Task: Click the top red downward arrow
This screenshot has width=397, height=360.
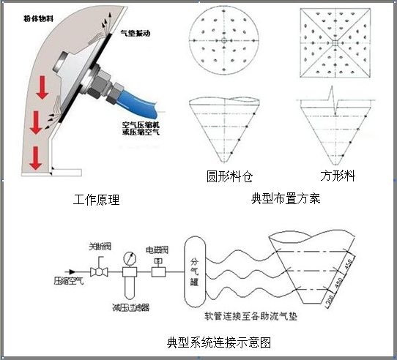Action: [x=43, y=86]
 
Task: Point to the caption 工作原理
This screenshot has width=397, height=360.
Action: [x=97, y=199]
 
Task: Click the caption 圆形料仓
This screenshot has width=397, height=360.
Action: [x=229, y=176]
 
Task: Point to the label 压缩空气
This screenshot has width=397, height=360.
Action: [x=69, y=280]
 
